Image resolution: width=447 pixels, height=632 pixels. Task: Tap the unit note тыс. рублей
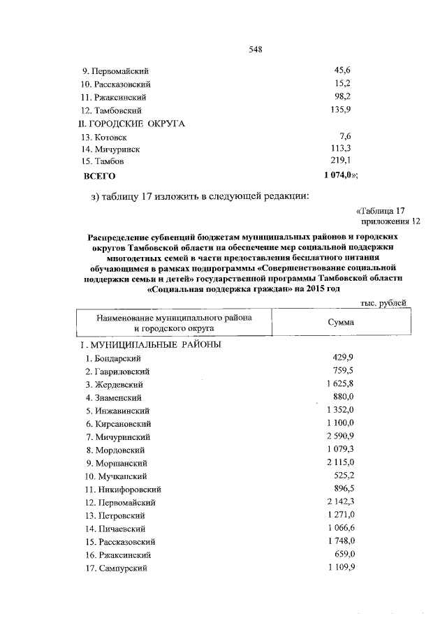click(x=383, y=302)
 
